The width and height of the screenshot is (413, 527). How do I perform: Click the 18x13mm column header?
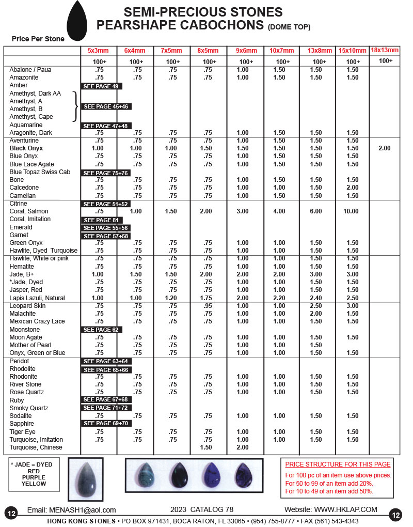pyautogui.click(x=385, y=50)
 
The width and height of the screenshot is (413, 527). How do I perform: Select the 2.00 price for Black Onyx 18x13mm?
pyautogui.click(x=384, y=148)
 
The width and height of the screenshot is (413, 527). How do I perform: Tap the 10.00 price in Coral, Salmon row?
pyautogui.click(x=352, y=211)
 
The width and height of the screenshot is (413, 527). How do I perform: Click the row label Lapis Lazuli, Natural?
pyautogui.click(x=37, y=298)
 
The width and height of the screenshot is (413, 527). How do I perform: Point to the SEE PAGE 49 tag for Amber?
pyautogui.click(x=101, y=86)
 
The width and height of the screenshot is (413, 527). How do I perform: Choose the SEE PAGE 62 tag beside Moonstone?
pyautogui.click(x=101, y=330)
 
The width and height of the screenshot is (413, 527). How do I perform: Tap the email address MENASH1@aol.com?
pyautogui.click(x=83, y=510)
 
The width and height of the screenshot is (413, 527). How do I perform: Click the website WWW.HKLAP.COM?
pyautogui.click(x=345, y=510)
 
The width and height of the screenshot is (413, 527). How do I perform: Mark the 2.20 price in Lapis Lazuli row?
pyautogui.click(x=279, y=298)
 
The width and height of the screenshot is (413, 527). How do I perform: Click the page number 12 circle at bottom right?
pyautogui.click(x=396, y=515)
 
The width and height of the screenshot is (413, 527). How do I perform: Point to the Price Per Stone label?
pyautogui.click(x=39, y=39)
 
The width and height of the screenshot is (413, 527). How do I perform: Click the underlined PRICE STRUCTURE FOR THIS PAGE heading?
pyautogui.click(x=338, y=464)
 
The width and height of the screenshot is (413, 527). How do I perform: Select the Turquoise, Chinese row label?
pyautogui.click(x=36, y=447)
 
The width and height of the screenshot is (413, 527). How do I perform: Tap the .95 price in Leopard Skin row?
pyautogui.click(x=208, y=306)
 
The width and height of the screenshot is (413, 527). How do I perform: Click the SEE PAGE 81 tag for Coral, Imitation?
pyautogui.click(x=101, y=220)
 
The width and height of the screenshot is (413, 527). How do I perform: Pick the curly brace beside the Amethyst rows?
pyautogui.click(x=76, y=105)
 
